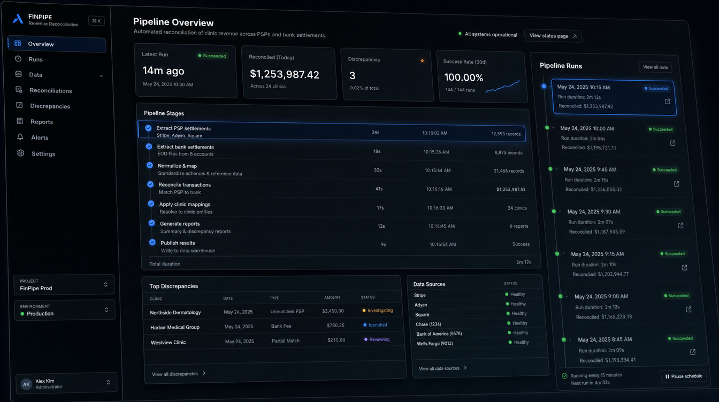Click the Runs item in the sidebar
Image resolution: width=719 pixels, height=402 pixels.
(x=35, y=59)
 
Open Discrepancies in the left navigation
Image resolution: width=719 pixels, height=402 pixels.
(x=50, y=106)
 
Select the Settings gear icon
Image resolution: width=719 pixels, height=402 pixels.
(x=20, y=153)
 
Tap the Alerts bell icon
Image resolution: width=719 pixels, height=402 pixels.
(x=20, y=137)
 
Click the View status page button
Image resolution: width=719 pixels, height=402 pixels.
(x=553, y=36)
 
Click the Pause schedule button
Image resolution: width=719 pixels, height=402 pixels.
(x=684, y=376)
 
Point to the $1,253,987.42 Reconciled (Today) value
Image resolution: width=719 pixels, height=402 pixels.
(x=285, y=74)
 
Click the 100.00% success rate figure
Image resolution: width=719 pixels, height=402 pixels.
(x=463, y=78)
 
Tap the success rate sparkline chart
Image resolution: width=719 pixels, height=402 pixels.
(x=502, y=87)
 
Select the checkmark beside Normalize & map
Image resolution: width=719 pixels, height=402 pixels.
(x=150, y=165)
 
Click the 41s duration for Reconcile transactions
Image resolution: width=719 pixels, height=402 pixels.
(x=379, y=189)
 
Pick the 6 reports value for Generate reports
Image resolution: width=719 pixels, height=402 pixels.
(x=519, y=226)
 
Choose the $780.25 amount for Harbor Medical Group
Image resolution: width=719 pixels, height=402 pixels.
(x=335, y=326)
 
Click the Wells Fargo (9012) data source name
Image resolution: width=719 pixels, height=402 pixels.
(x=434, y=344)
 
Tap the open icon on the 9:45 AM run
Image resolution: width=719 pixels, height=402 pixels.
(x=677, y=184)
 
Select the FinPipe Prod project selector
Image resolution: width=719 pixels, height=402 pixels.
(x=64, y=284)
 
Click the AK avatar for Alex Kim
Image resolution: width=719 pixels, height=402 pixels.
(x=26, y=384)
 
